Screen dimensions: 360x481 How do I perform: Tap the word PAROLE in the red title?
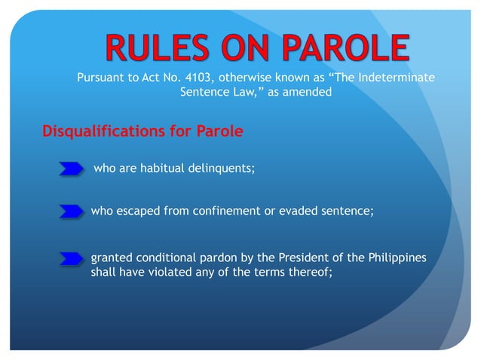[342, 48]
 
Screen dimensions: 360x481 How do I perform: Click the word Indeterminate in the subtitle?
[397, 79]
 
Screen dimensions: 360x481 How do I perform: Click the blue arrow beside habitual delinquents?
[71, 169]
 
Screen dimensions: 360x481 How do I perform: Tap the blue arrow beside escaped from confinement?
[71, 212]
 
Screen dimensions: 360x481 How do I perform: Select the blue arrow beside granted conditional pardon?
[71, 259]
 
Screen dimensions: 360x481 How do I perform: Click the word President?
[303, 258]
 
